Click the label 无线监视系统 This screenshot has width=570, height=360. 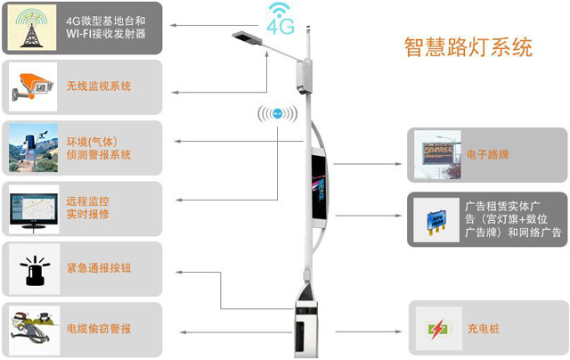point(99,86)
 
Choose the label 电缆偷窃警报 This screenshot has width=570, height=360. point(99,329)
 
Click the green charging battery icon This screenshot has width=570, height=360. point(436,329)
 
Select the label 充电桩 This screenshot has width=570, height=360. point(483,329)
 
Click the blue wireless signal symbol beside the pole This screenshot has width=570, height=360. point(277,115)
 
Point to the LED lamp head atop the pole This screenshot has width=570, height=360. point(245,38)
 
